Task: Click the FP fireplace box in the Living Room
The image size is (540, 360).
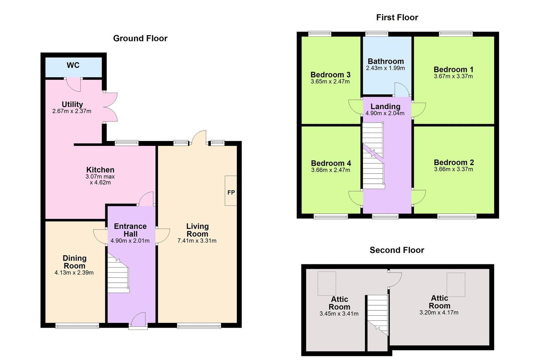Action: coord(231,191)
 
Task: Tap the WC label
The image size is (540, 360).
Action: coord(73,65)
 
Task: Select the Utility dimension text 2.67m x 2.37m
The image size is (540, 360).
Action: coord(72,111)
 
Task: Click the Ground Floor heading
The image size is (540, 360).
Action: coord(140,38)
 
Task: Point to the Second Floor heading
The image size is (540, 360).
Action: coord(397,250)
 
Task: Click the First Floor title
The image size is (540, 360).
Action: coord(397,17)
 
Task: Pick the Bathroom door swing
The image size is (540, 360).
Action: coord(402,90)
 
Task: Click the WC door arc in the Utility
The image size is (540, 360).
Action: coord(73,85)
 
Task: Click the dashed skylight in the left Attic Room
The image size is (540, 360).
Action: coord(327,283)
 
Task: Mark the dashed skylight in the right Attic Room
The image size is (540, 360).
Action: coord(456,285)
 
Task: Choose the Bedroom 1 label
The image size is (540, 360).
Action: coord(453,69)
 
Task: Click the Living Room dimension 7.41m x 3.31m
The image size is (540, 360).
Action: coord(197,241)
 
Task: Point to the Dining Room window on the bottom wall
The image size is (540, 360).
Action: coord(77,326)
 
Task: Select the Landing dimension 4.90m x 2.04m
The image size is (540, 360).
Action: coord(385,113)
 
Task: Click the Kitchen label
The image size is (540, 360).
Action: coord(100,170)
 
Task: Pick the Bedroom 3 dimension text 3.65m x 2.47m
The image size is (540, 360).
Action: coord(330,81)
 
